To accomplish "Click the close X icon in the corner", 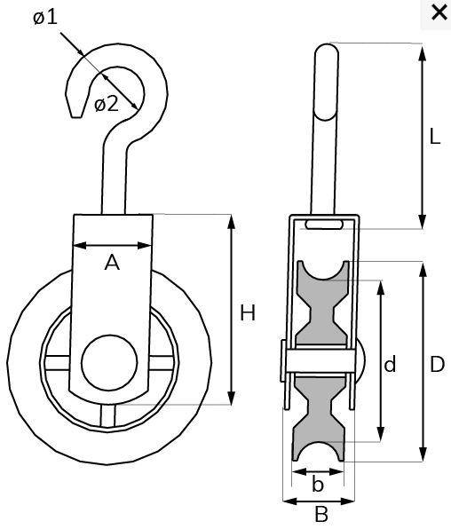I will pos(438,12).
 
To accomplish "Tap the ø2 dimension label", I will pos(106,104).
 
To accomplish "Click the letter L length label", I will pos(434,137).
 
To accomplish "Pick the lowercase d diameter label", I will pos(390,364).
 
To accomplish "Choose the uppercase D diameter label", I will pos(437,364).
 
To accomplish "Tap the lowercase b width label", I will pos(318,485).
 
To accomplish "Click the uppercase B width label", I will pos(321,513).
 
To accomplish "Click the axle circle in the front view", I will pos(108,364).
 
